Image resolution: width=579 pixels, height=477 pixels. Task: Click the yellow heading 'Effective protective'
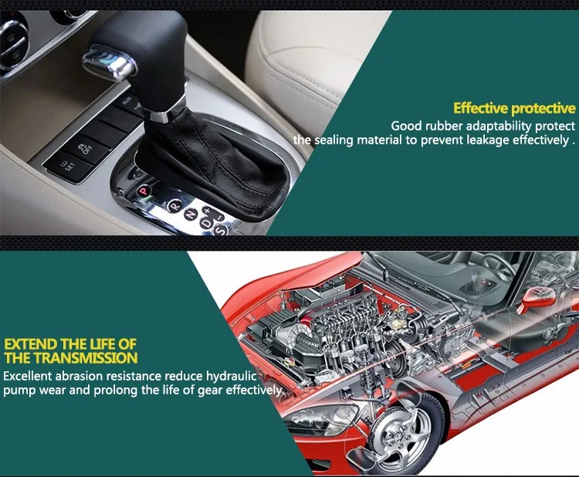tap(514, 108)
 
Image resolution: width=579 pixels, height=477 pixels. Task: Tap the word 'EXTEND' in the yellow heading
tap(29, 343)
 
